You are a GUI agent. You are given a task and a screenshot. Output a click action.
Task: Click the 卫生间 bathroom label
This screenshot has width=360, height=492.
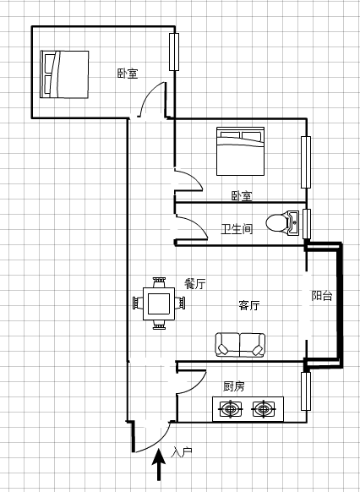click(x=237, y=229)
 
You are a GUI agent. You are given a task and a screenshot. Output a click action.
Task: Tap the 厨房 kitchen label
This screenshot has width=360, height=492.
click(x=233, y=386)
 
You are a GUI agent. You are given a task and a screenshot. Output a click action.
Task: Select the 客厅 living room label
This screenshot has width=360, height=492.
click(x=249, y=305)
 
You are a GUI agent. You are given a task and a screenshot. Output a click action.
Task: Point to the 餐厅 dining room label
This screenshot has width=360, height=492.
click(x=195, y=284)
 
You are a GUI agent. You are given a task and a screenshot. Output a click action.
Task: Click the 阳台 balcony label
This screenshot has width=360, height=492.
click(x=322, y=296)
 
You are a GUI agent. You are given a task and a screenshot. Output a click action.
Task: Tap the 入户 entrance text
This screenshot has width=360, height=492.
click(x=182, y=452)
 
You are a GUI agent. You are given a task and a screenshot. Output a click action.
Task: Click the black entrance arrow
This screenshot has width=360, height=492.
click(x=159, y=464)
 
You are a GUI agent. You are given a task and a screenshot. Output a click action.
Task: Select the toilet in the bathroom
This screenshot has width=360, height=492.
click(x=282, y=223)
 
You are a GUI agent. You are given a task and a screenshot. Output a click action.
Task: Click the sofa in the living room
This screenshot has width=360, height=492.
click(x=240, y=345)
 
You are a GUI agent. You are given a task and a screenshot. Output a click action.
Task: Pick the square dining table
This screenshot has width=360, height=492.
click(x=159, y=303)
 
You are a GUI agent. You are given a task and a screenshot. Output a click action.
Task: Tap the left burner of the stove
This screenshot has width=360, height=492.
click(x=232, y=409)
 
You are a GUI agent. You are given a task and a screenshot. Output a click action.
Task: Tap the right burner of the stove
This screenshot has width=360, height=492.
click(x=264, y=409)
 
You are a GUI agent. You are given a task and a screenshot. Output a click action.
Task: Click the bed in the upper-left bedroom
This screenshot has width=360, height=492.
click(x=64, y=74)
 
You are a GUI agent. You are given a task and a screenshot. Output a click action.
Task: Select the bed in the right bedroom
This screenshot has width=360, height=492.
click(x=240, y=151)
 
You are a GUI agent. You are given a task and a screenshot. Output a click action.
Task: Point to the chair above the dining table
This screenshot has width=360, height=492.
click(x=159, y=282)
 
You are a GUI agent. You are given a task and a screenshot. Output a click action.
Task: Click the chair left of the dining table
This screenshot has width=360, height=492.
click(x=138, y=303)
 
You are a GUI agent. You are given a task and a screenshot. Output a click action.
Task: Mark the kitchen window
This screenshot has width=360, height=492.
click(x=306, y=391)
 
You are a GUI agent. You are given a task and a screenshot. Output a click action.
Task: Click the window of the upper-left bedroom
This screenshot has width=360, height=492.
click(x=174, y=52)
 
